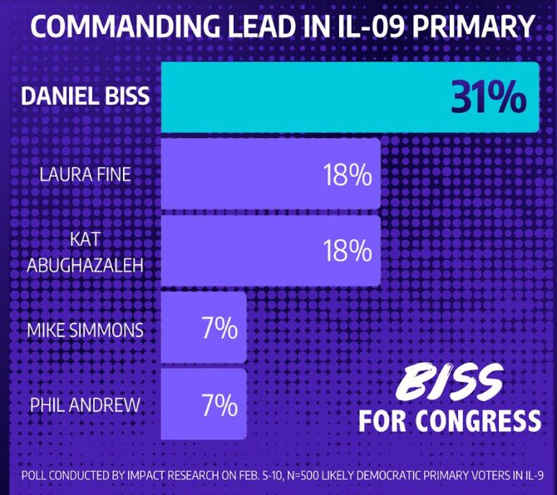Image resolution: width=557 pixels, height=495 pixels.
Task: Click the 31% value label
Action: tap(489, 97)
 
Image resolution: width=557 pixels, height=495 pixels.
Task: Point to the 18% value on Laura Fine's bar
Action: tap(347, 175)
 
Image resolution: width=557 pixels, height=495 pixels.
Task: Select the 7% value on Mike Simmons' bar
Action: tap(219, 329)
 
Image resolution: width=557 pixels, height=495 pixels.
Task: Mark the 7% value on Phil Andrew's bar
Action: tap(219, 406)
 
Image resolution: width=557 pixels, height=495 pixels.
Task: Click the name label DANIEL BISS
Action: tap(85, 96)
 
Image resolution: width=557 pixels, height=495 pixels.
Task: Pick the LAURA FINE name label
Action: tap(86, 174)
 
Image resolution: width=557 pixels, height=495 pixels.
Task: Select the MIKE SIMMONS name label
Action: tap(85, 330)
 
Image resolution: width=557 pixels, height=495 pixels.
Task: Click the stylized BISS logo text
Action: tap(449, 384)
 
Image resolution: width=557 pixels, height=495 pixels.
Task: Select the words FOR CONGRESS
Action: tap(449, 421)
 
